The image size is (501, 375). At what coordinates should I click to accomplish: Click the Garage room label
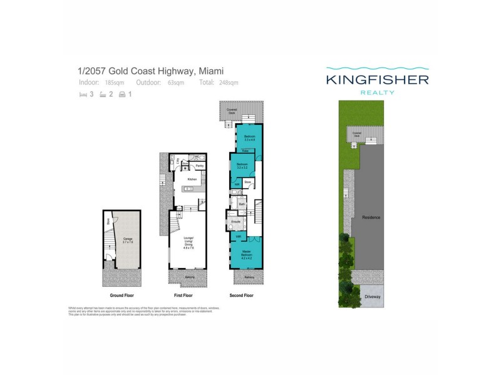(128, 239)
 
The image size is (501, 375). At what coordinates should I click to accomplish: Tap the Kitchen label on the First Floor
(192, 179)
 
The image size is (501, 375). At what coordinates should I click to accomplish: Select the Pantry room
(199, 166)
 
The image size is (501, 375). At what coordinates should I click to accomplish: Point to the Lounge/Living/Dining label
(189, 243)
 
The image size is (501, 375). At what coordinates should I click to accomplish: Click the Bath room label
(242, 204)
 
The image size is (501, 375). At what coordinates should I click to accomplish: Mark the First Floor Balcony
(189, 277)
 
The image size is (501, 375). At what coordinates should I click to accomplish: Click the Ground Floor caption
(121, 296)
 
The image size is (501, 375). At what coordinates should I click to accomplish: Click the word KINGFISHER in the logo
(377, 80)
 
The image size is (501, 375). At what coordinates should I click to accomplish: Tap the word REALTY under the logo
(377, 92)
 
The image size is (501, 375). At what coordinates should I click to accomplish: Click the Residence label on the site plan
(371, 217)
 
